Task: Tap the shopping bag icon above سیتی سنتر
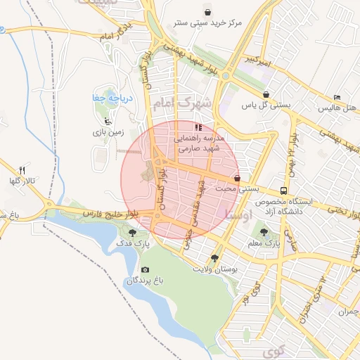tap(207, 11)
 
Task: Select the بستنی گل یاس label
tap(266, 105)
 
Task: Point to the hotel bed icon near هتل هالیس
tap(337, 97)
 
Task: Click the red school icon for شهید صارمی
tap(198, 127)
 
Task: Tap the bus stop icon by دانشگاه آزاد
tap(283, 191)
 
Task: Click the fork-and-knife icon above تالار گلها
tap(22, 171)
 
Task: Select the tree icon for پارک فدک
tap(132, 231)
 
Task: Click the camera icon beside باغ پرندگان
tap(145, 269)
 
